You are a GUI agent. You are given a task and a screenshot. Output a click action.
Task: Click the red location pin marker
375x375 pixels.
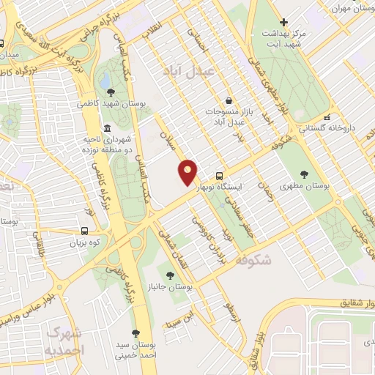click(188, 173)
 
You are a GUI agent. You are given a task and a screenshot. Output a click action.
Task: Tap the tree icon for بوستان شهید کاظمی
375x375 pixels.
click(110, 92)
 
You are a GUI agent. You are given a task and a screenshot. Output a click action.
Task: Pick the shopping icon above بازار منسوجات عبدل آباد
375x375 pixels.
click(229, 100)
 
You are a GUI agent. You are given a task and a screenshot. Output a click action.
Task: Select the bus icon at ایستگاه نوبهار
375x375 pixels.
click(220, 176)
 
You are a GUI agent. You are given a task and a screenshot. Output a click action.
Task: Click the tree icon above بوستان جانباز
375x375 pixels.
click(170, 275)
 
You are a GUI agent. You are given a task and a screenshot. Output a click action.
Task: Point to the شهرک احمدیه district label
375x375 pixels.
click(66, 341)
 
